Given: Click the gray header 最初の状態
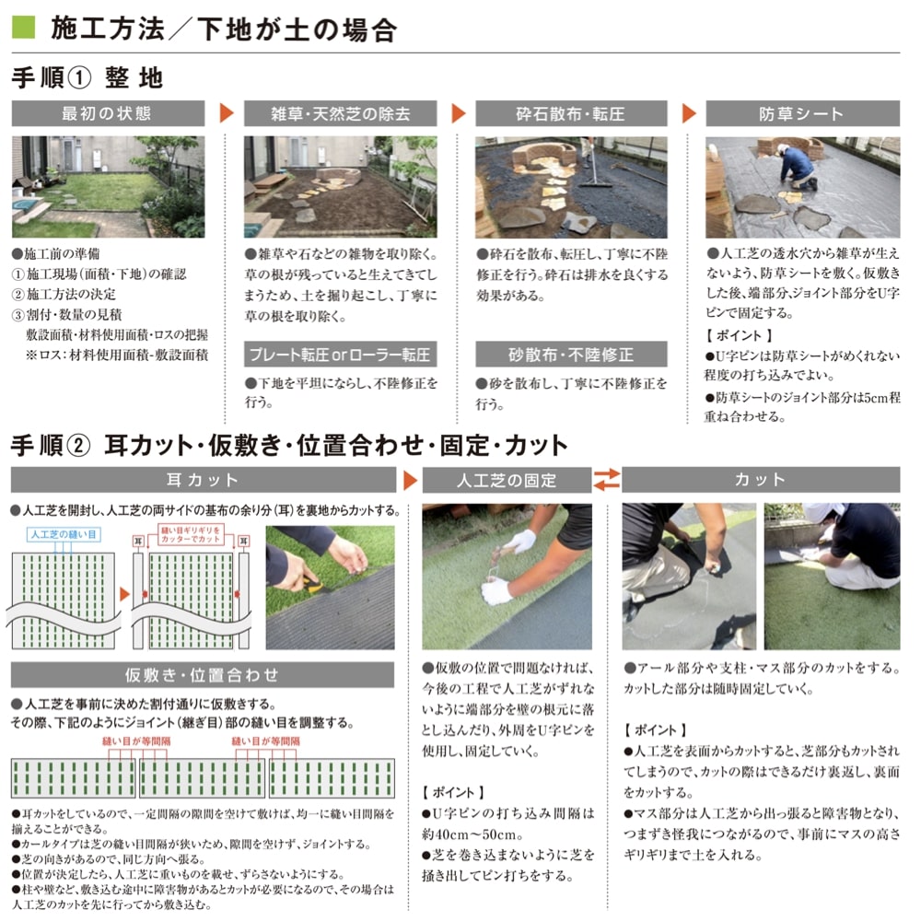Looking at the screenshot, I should coord(107,113).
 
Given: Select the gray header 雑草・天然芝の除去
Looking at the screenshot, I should coord(340,113).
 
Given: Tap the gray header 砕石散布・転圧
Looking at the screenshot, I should coord(570,113).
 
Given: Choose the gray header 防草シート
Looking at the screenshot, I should coord(801,113).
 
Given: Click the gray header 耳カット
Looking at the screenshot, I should coord(202,480).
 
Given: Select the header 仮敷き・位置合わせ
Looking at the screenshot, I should coord(202,675).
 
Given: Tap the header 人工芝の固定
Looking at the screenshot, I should coord(507,480).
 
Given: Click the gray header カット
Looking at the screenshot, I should coord(761,480).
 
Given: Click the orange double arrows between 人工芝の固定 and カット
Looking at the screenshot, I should coord(607,480).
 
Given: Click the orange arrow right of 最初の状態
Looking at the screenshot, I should coord(227,113).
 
